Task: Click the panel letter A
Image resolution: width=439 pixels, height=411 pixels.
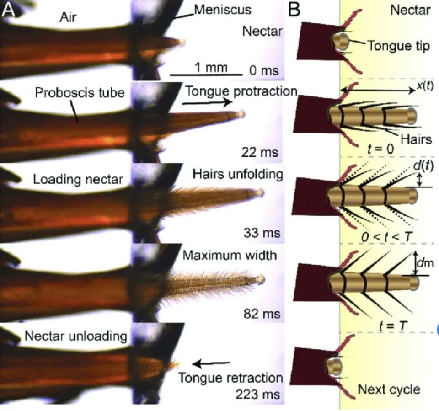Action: coord(8,10)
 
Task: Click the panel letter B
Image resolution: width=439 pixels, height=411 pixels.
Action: coord(294,10)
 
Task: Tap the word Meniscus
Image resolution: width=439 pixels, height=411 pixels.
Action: coord(223,10)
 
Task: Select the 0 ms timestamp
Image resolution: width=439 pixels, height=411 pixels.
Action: coord(264,70)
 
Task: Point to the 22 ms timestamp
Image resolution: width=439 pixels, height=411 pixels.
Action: coord(260,152)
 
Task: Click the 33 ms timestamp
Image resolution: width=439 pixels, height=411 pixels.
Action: coord(262,233)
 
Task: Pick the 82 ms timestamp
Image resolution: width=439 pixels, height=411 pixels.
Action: coord(262,314)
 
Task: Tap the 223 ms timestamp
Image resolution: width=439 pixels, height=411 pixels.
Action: coord(257,395)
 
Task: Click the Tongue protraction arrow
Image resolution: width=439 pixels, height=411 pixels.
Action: coord(207,103)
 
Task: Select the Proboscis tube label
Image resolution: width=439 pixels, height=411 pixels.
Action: coord(80,92)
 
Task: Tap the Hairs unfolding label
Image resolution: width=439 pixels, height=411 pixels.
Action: coord(238,174)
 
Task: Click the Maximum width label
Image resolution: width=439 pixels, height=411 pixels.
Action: coord(230,255)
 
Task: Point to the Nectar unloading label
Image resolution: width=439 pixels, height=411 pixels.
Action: coord(76,336)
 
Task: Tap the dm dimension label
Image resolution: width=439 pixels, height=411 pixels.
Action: coord(425,263)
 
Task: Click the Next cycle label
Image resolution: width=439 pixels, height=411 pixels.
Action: coord(389,389)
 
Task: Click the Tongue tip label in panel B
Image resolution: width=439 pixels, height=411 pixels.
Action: coord(398,46)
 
